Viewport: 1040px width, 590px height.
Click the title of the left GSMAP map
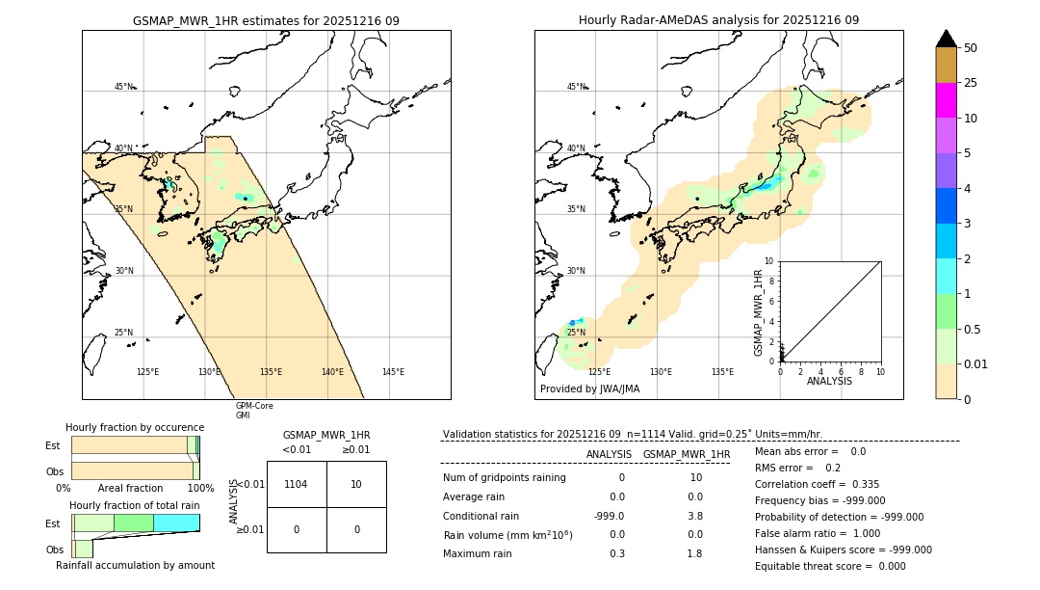266,20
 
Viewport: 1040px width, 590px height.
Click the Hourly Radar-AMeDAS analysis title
718,20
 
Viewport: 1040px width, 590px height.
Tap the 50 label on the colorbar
971,47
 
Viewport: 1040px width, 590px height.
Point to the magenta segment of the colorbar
947,100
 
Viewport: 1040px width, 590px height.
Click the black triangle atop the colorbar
947,39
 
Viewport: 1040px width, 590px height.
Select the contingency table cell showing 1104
297,484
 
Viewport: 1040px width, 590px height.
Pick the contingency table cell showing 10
356,484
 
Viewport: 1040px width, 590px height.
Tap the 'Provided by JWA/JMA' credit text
589,389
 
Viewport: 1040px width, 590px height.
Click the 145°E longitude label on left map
393,372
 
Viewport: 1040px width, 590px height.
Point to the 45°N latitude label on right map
576,87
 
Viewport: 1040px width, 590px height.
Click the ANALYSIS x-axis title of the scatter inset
829,381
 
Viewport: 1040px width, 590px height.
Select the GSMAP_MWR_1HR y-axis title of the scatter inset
758,313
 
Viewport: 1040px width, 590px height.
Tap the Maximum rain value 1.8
694,553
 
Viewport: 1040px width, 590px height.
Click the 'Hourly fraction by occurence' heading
135,427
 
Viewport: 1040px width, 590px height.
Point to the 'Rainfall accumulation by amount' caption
135,565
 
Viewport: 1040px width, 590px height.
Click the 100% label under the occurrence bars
200,489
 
